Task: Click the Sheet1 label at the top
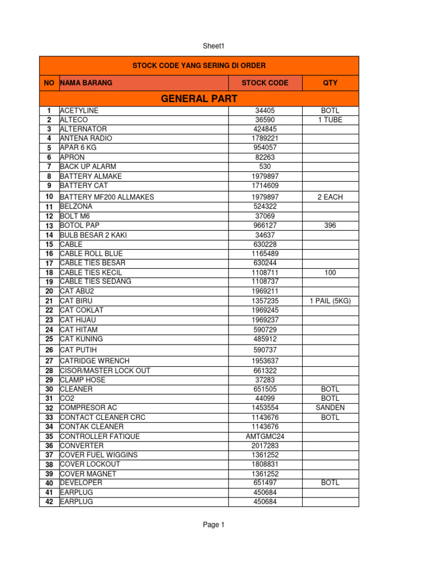pos(214,46)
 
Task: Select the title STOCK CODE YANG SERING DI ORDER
pos(199,66)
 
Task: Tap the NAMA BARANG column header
pos(86,83)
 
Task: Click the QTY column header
pos(330,83)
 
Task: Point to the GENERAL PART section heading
pos(199,99)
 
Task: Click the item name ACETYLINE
pos(79,111)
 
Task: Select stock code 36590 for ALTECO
pos(265,120)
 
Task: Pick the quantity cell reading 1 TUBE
pos(330,120)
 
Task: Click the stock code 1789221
pos(265,138)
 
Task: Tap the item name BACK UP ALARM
pos(88,167)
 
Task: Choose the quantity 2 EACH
pos(330,197)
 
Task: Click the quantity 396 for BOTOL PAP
pos(330,226)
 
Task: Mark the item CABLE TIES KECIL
pos(92,273)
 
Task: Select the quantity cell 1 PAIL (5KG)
pos(330,301)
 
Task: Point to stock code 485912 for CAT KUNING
pos(265,339)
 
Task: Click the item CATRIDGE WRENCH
pos(95,361)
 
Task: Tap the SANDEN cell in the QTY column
pos(330,408)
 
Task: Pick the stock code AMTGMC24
pos(265,437)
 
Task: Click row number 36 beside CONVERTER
pos(49,446)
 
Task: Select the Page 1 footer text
pos(214,525)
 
